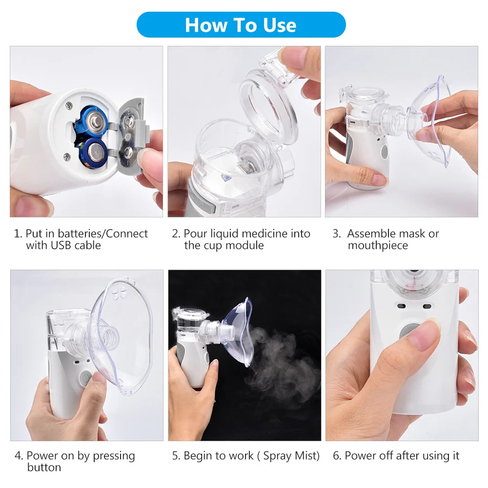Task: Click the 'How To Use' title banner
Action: coord(241,25)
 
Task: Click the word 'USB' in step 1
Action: coord(63,245)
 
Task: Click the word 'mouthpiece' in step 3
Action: coord(378,245)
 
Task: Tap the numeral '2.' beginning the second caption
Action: coord(176,234)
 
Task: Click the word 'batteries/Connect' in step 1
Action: coord(87,234)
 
